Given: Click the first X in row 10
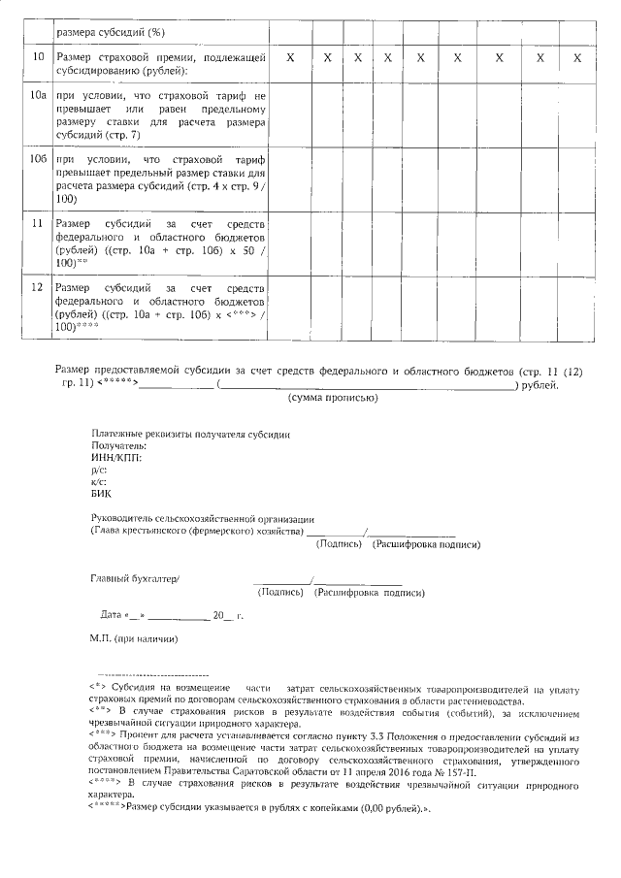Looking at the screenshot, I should pyautogui.click(x=290, y=58).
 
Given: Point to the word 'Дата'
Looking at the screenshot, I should pyautogui.click(x=111, y=615).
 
